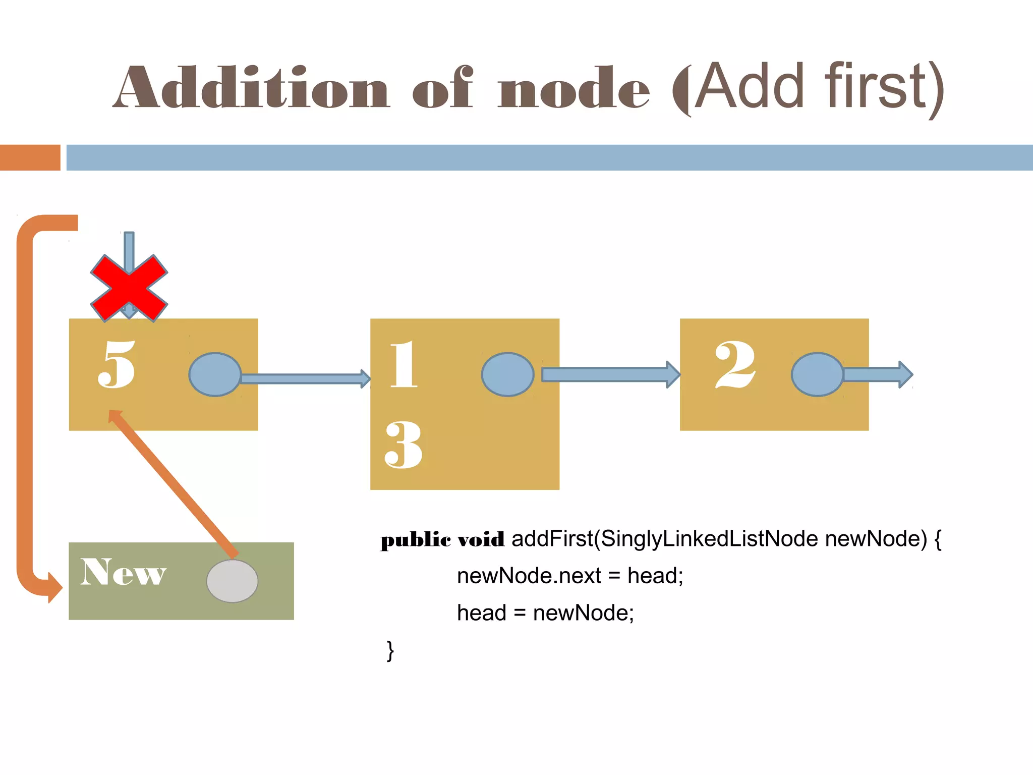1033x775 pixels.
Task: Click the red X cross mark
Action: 129,289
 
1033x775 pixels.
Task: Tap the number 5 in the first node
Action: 117,364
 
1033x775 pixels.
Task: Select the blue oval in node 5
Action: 215,374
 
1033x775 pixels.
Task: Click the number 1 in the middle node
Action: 404,364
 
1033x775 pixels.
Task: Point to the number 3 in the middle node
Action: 403,445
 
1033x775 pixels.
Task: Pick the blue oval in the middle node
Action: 507,374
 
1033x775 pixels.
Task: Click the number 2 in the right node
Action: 735,364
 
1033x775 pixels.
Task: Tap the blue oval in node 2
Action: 817,374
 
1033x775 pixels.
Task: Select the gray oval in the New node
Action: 232,581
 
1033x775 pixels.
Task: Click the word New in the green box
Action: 123,573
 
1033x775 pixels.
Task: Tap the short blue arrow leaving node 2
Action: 878,374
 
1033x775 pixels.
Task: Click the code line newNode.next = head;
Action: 570,576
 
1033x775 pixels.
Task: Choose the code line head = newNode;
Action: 545,613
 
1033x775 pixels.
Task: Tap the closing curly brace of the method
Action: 390,651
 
